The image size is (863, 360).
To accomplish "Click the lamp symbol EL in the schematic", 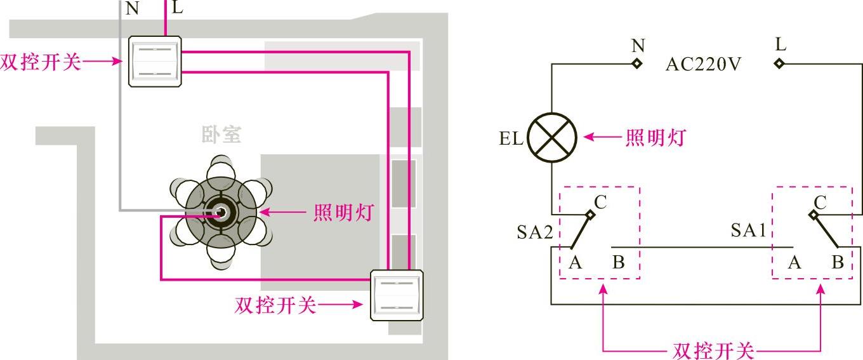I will coord(552,138).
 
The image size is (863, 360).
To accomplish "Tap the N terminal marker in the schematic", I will coord(636,63).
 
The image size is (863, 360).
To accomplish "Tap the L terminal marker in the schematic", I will coord(779,63).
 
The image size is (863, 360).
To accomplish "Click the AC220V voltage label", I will coord(703,64).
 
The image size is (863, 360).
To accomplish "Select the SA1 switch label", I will coord(749,230).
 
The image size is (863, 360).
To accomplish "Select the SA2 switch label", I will coord(534,232).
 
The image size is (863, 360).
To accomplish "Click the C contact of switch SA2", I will coord(590,215).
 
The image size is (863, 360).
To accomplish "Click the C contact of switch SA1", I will coord(814,215).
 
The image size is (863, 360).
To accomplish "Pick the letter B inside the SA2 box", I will coord(619,262).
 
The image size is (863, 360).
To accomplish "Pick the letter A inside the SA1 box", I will coord(794,262).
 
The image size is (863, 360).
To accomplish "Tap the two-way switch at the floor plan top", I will coord(155,61).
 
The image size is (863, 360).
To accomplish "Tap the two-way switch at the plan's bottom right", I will coord(397,293).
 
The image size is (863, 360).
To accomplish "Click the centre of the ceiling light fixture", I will coord(221,213).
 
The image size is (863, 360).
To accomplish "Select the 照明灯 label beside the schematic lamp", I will coord(655,137).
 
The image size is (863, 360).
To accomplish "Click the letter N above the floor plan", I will coord(132,8).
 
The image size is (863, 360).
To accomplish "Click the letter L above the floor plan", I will coord(178,7).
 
